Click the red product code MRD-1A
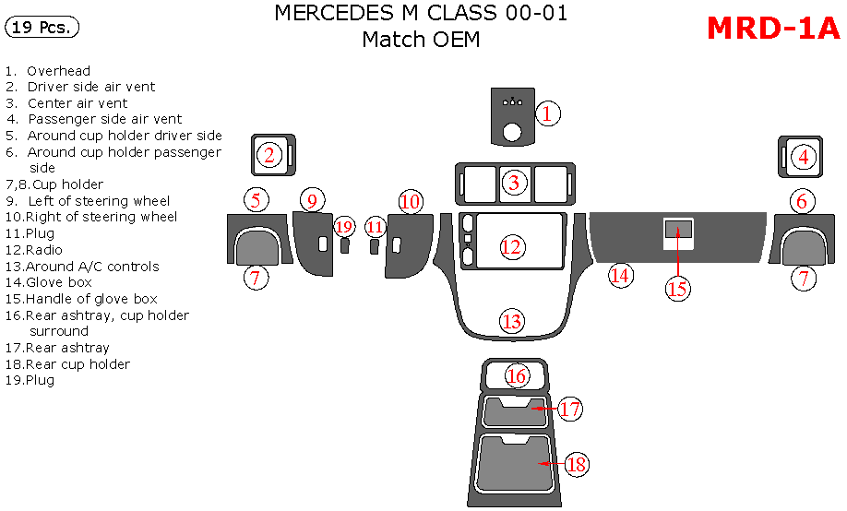(773, 29)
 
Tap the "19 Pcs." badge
(42, 28)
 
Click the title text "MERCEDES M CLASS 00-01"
(421, 13)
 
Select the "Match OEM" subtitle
(421, 40)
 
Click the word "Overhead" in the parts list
(58, 71)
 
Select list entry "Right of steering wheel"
(101, 217)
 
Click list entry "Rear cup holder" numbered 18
(78, 364)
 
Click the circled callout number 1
(546, 114)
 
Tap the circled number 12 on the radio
(511, 247)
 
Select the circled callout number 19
(344, 227)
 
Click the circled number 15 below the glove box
(678, 289)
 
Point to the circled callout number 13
(511, 322)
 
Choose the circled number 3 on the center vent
(514, 183)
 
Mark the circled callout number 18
(577, 465)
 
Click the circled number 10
(411, 201)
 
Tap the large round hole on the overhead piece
(511, 133)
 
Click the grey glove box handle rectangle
(678, 230)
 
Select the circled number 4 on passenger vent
(804, 158)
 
